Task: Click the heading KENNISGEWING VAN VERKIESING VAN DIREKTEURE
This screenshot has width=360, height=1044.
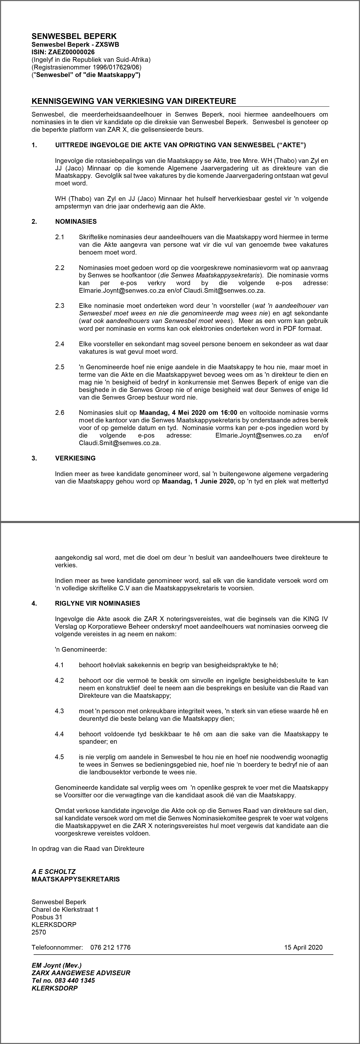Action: (134, 101)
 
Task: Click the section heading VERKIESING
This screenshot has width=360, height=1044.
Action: (75, 458)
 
